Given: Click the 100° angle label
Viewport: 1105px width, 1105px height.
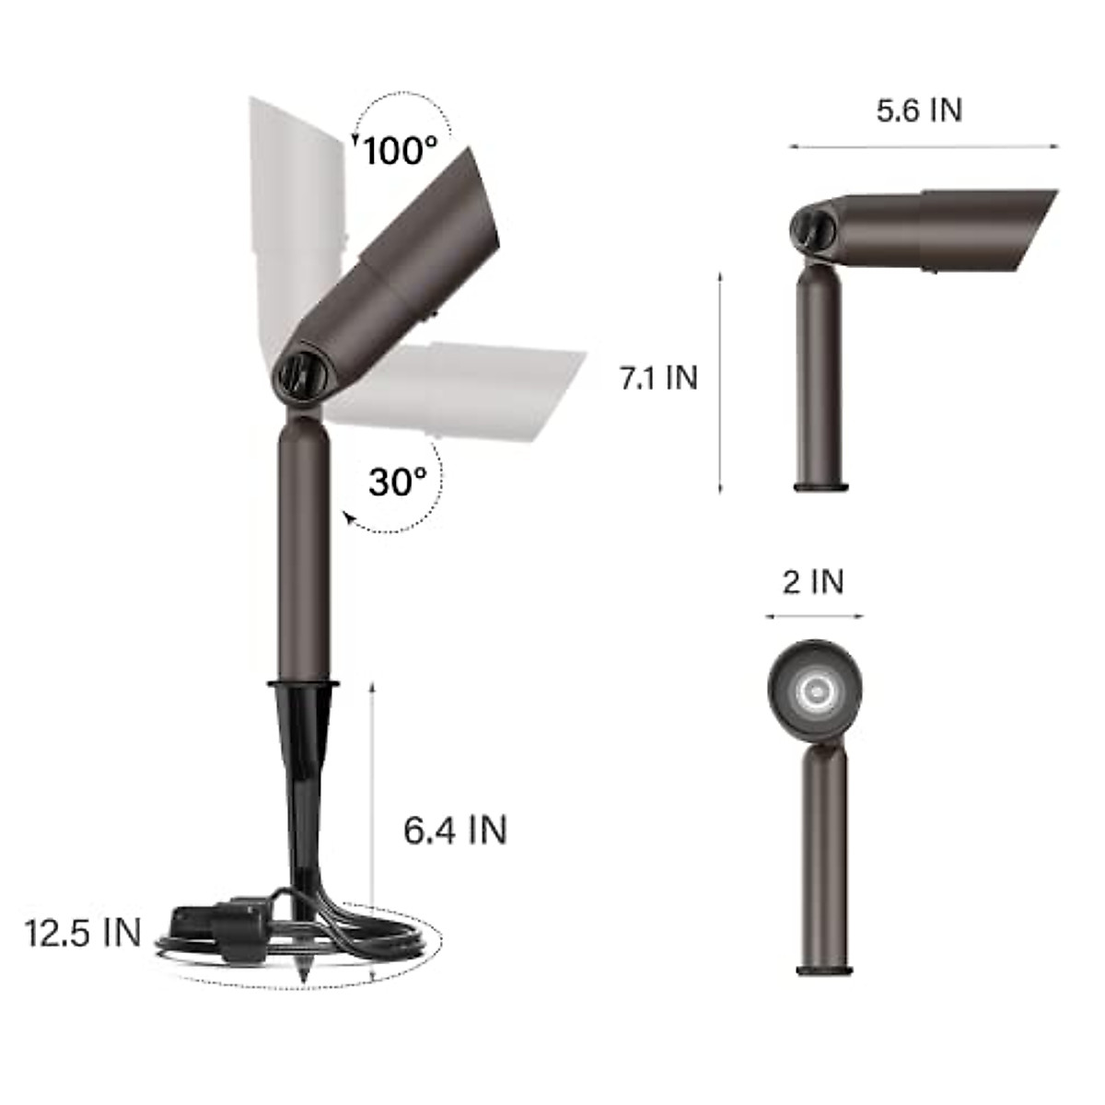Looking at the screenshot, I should pos(400,150).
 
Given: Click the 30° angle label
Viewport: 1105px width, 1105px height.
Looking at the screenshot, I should pos(398,481).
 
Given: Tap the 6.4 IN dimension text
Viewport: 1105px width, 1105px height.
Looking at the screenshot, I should pos(455,830).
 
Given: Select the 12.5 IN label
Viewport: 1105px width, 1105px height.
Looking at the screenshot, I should pos(83,933).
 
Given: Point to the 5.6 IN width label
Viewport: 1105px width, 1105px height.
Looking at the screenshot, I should pos(919,110).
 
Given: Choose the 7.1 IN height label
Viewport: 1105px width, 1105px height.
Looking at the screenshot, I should pos(658,378).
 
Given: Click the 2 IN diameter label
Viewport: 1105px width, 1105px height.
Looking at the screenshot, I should pos(813,582).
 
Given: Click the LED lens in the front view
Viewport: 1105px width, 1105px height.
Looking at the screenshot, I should pos(815,690).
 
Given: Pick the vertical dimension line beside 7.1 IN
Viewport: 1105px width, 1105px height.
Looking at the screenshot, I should pos(720,382).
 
